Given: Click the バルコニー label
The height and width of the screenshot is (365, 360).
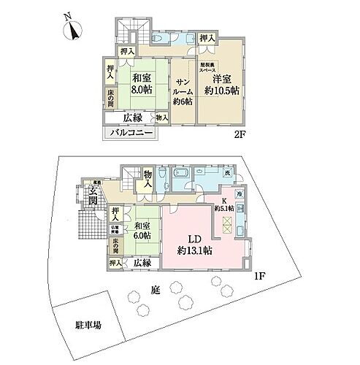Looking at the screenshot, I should pyautogui.click(x=131, y=134).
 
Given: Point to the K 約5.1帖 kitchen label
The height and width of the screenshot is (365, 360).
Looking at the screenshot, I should pyautogui.click(x=223, y=206).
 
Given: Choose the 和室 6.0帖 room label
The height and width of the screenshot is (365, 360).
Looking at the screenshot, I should pyautogui.click(x=141, y=232).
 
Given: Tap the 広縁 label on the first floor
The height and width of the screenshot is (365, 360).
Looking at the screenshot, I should pyautogui.click(x=142, y=262).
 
